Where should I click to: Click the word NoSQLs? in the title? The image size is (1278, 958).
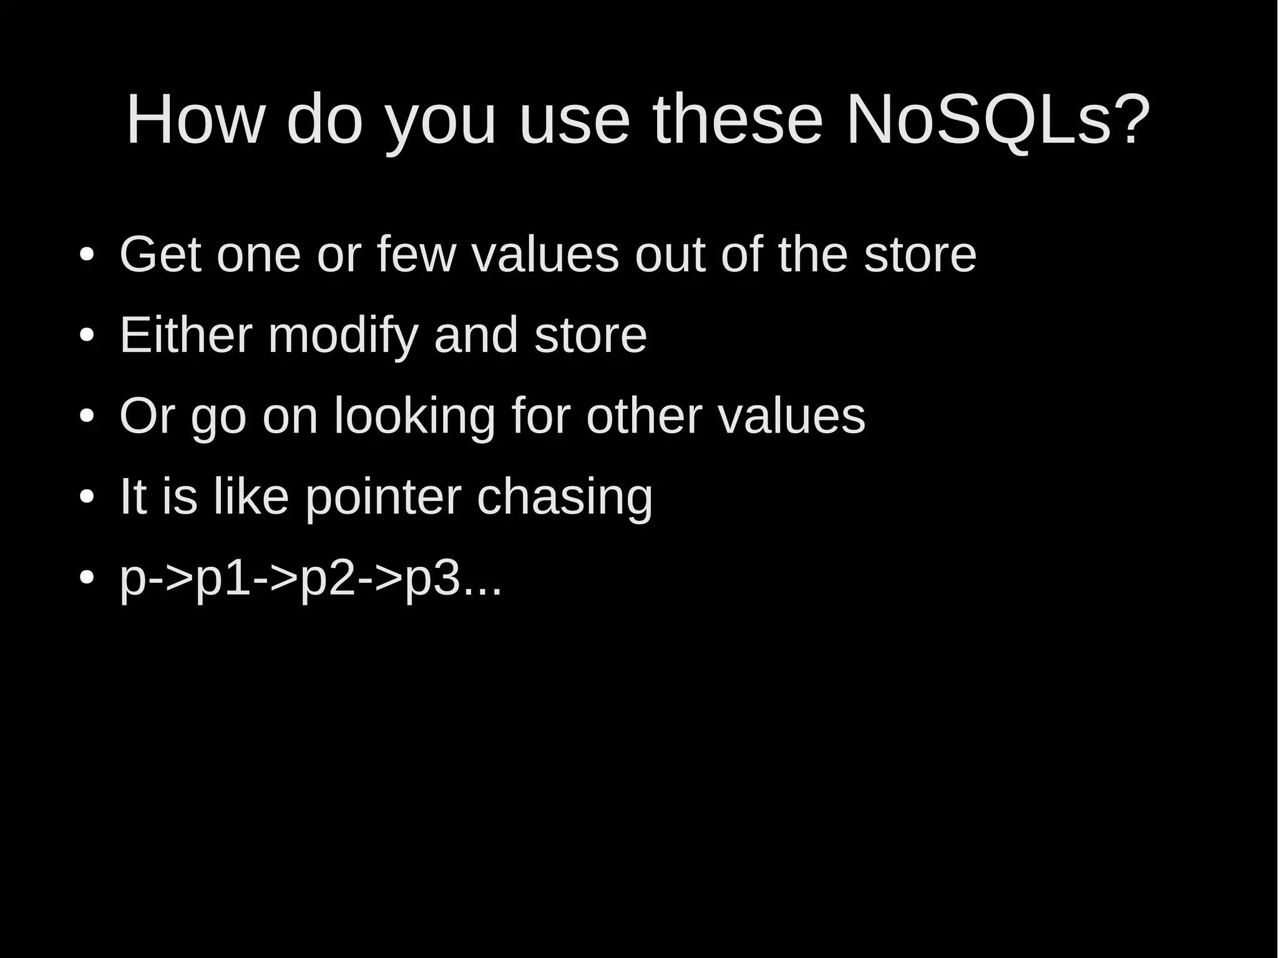point(997,119)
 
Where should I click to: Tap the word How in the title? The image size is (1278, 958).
point(195,119)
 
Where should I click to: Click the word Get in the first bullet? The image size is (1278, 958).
point(160,255)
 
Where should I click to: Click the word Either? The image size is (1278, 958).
point(186,335)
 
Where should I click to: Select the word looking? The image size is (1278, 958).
point(414,417)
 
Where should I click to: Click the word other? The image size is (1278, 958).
point(643,416)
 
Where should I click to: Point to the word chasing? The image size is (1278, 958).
point(564,497)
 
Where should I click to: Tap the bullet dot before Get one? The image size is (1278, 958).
point(87,255)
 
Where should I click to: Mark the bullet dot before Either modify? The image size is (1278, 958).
point(87,336)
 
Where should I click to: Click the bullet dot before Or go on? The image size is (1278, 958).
point(87,416)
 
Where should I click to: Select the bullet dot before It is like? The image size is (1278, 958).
point(87,497)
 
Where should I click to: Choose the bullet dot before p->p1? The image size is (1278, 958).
point(87,577)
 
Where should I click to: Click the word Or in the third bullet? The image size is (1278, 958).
point(147,416)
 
